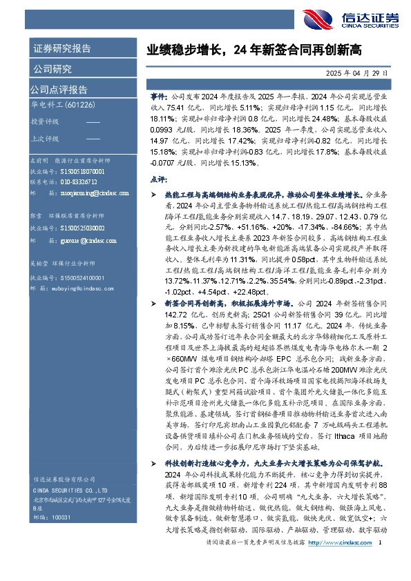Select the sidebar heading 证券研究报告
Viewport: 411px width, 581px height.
[x=61, y=48]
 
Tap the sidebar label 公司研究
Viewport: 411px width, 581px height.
[x=52, y=68]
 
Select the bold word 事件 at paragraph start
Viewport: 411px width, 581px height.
[x=158, y=99]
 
